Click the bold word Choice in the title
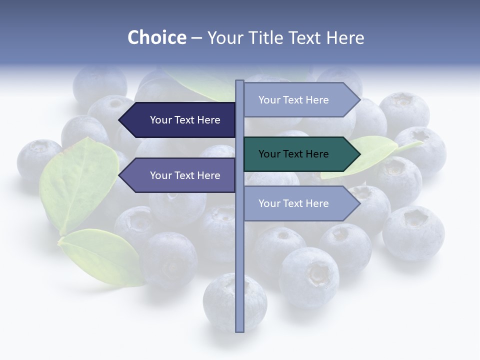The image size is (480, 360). (x=156, y=37)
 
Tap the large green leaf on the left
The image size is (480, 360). (x=77, y=185)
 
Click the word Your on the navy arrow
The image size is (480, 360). (x=161, y=120)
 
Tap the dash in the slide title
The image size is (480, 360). (x=196, y=37)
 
